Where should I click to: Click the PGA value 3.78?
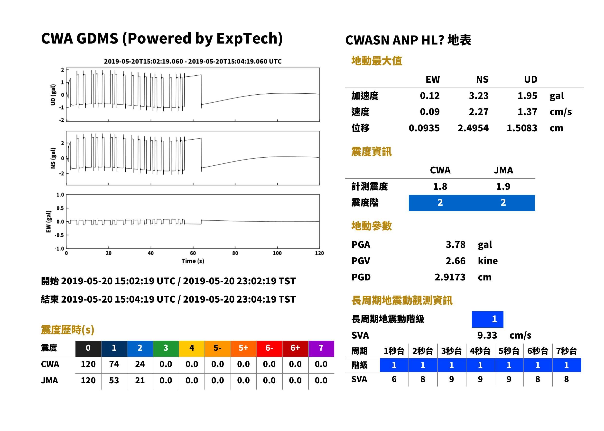pos(455,244)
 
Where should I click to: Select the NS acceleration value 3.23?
pos(478,96)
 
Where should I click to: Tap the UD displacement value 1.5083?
pos(522,128)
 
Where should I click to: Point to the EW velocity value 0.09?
pos(429,112)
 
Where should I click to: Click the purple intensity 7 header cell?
pos(321,348)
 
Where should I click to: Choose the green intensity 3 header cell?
pos(166,348)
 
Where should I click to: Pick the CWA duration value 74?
pos(114,364)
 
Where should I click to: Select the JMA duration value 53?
pos(114,380)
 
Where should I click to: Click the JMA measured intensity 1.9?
pos(503,186)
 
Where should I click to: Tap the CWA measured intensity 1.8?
pos(440,186)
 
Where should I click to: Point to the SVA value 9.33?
pos(487,335)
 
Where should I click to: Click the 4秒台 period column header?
pos(480,351)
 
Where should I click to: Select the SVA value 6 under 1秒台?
pos(394,379)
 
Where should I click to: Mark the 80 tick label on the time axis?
pos(235,253)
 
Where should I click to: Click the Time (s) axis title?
pos(193,261)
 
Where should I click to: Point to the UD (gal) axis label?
pos(53,95)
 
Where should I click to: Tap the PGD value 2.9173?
pos(450,277)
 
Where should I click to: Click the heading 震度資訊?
pos(371,152)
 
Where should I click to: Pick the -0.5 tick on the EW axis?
pos(59,235)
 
